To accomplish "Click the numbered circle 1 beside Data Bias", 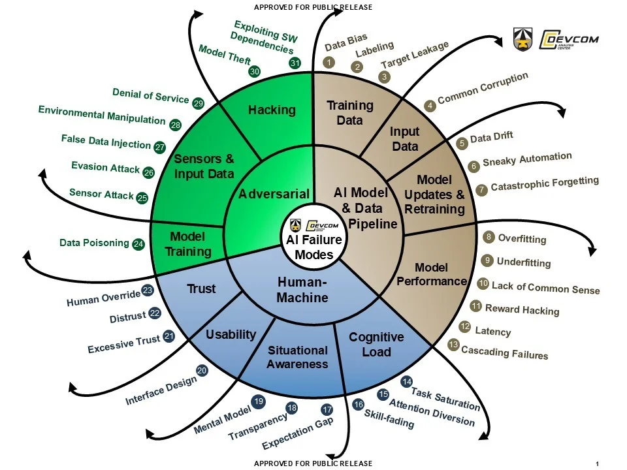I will tap(330, 63).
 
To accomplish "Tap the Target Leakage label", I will tap(415, 56).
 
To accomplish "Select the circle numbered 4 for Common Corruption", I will tap(430, 105).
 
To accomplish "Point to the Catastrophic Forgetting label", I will tap(544, 184).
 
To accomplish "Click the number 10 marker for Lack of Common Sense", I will tap(483, 284).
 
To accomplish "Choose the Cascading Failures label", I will tap(504, 352).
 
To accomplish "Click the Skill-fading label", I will tap(389, 418).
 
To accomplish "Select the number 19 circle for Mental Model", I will tap(258, 401).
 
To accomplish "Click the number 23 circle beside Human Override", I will tap(148, 290).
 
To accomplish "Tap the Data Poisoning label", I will tap(94, 243).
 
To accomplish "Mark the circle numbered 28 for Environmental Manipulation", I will tap(175, 125).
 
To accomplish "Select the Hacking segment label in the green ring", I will tap(272, 110).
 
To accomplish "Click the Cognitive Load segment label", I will tap(376, 344).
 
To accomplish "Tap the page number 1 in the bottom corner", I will tap(597, 463).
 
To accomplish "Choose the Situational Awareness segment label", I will tap(297, 357).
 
